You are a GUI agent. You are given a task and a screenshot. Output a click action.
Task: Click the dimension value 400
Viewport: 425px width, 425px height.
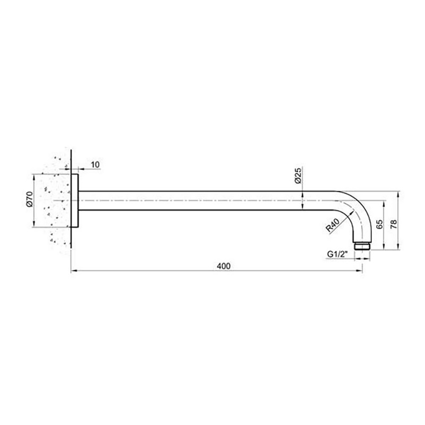point(223,266)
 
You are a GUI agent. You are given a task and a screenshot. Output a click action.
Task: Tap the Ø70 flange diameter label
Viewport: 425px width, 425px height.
point(29,199)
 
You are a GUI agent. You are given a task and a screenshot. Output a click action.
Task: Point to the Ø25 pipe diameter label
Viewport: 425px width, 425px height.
point(297,175)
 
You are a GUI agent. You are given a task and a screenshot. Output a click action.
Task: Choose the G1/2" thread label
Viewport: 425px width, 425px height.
point(338,254)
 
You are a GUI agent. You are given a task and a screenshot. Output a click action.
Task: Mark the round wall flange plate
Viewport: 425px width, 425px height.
point(75,201)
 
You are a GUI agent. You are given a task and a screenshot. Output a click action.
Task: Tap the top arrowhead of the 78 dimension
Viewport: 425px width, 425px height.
point(398,194)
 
